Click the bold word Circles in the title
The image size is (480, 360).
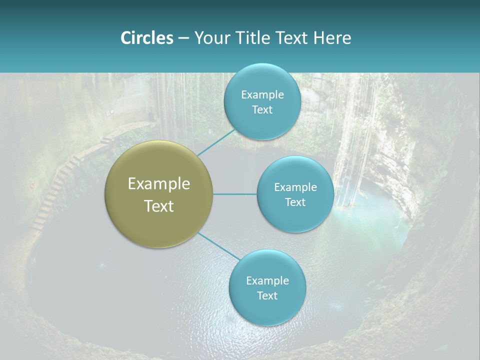click(146, 38)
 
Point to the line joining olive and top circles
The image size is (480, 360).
click(216, 142)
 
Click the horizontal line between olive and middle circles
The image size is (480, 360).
click(235, 194)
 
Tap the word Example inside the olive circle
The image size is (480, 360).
click(159, 184)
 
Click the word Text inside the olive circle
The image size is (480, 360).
click(159, 206)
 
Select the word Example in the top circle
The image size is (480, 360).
click(262, 95)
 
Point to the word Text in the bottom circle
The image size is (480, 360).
click(267, 295)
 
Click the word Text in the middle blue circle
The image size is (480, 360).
click(295, 202)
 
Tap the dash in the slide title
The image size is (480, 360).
click(183, 38)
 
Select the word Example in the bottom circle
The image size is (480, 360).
click(267, 280)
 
